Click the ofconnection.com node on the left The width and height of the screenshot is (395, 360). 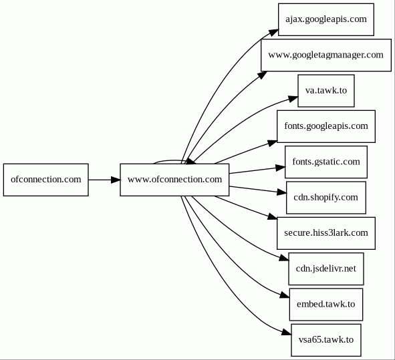tap(46, 180)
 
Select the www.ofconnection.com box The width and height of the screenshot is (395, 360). tap(174, 180)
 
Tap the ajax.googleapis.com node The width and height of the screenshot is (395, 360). tap(326, 19)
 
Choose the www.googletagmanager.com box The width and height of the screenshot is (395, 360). tap(326, 55)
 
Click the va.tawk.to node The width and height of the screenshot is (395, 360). tap(326, 91)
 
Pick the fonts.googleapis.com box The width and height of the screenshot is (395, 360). tap(326, 126)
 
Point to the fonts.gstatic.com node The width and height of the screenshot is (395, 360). tap(326, 162)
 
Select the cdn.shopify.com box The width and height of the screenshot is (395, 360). tap(326, 198)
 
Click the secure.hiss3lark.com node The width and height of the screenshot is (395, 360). tap(326, 233)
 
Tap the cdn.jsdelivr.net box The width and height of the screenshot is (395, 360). tap(326, 269)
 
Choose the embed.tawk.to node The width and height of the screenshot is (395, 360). tap(326, 305)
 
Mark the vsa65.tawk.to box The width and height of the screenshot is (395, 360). tap(326, 340)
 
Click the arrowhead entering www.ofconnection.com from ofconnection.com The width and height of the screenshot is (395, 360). tap(116, 180)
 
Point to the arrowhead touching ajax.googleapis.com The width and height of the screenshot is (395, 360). tap(274, 33)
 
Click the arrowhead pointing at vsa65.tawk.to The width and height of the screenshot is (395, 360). tap(287, 333)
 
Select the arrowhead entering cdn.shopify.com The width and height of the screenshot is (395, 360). tap(281, 192)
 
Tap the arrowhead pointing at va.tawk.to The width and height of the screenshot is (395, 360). tap(293, 98)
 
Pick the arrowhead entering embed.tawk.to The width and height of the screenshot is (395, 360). tap(285, 295)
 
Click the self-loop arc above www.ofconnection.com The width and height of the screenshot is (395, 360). tap(171, 160)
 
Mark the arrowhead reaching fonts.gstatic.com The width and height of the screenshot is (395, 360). tap(281, 168)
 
